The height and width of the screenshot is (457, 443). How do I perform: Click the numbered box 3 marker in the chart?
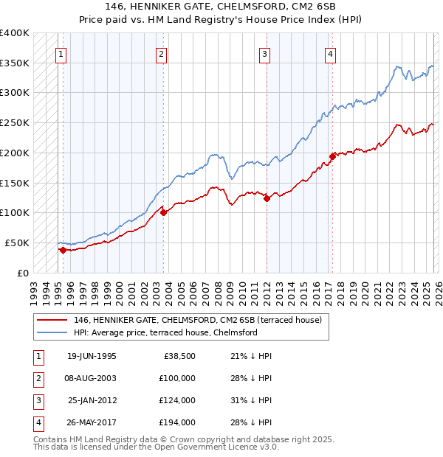coord(264,53)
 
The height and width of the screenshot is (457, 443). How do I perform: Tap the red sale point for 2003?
coord(163,212)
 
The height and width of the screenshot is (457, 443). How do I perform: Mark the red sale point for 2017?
coord(332,156)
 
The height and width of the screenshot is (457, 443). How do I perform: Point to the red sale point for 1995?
coord(63,250)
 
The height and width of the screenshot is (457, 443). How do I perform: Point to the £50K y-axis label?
coord(17,243)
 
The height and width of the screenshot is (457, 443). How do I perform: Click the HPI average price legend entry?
coord(165,332)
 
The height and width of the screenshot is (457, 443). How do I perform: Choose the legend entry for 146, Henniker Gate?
coord(197,321)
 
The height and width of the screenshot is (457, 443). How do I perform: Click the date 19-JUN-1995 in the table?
coord(92,356)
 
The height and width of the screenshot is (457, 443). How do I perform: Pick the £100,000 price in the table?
coord(177,378)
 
